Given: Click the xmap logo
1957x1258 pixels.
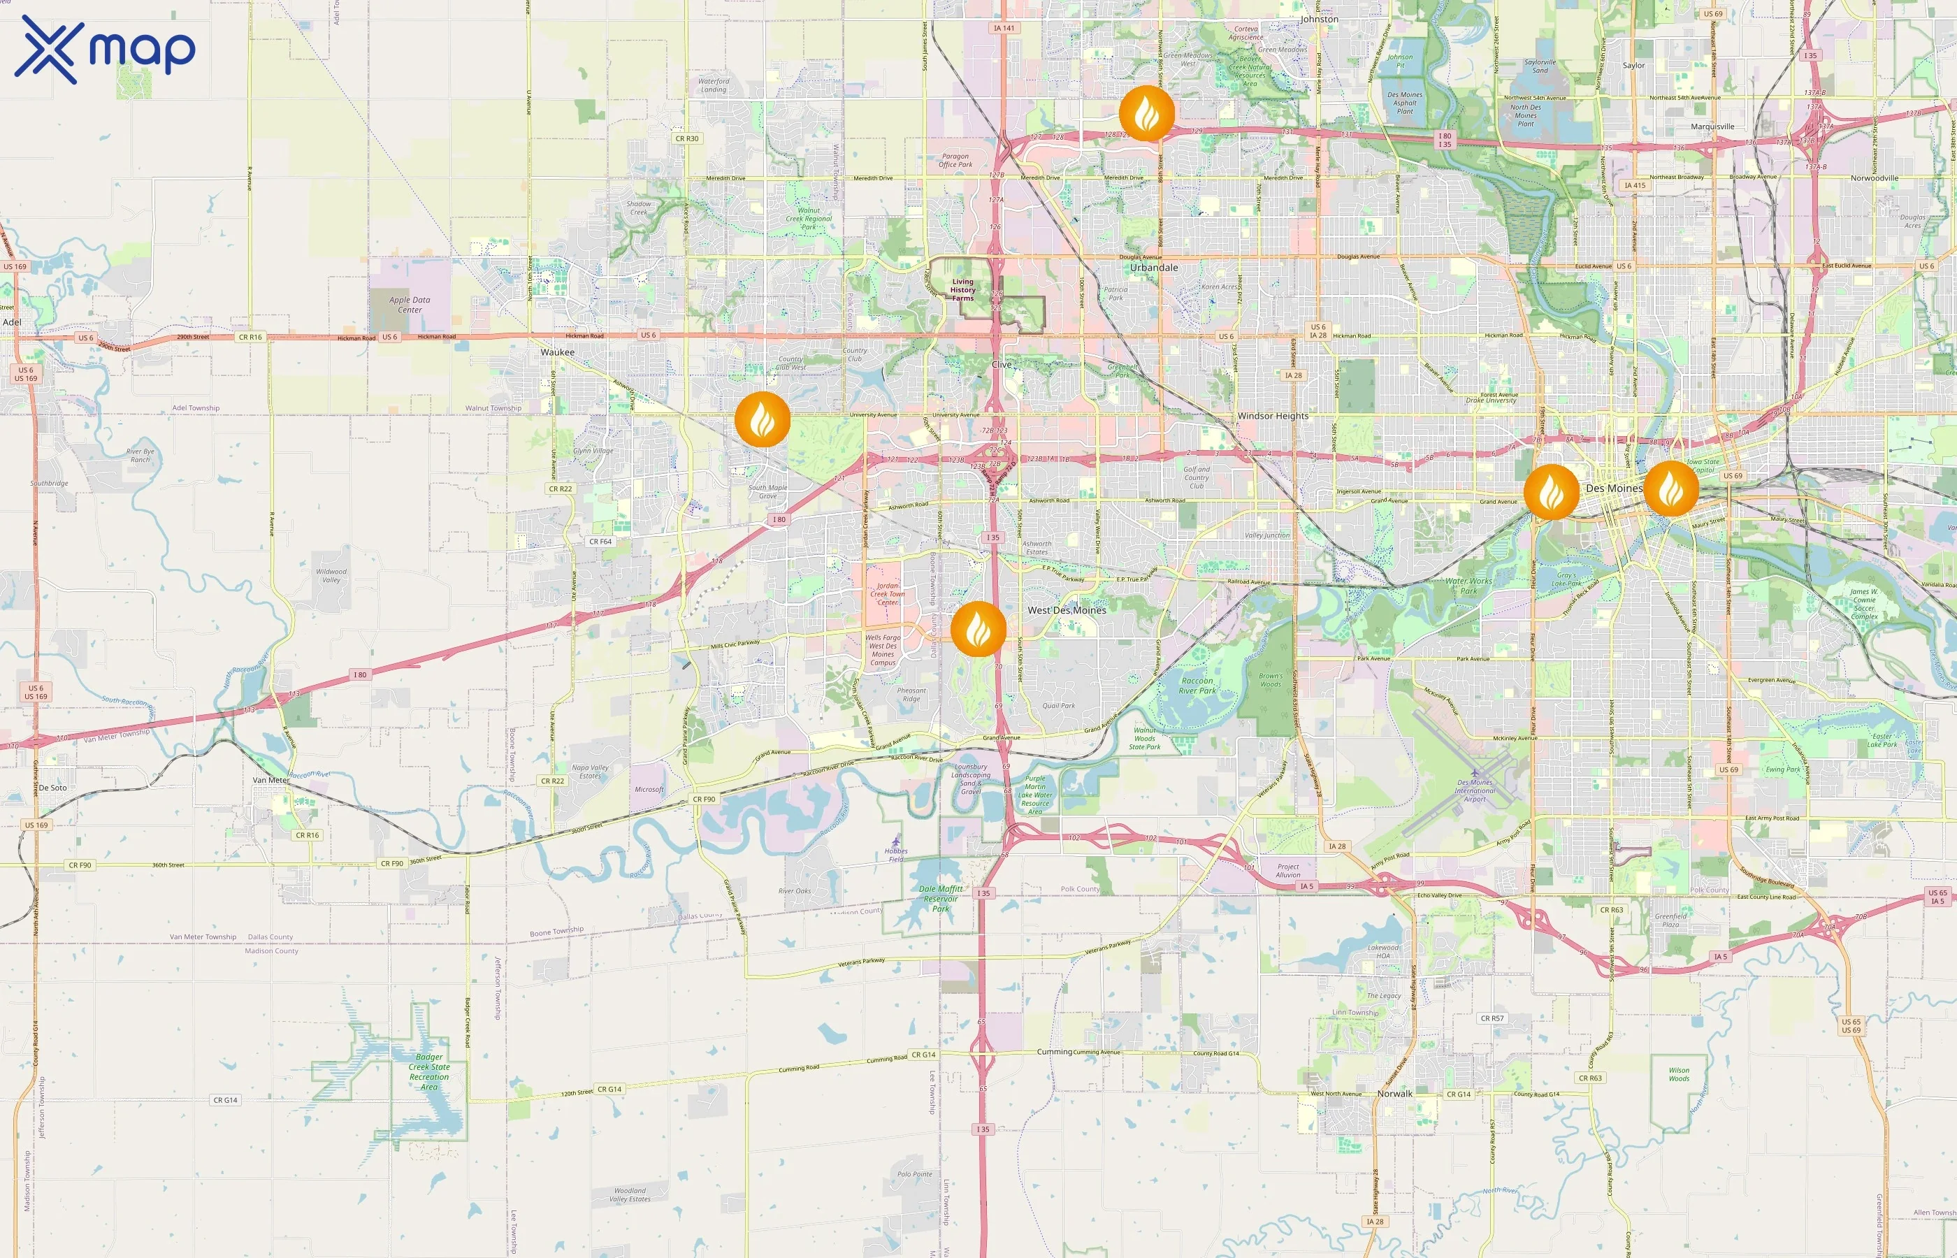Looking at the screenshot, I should pos(105,50).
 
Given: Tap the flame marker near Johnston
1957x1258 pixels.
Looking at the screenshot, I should pos(1147,113).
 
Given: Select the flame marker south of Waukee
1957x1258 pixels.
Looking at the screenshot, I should pos(762,420).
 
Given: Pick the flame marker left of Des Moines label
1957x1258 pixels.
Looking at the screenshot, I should pos(1551,492).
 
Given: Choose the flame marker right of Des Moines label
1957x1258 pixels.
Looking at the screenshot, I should pos(1671,489).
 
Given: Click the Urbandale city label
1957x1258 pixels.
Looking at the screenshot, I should pos(1153,268).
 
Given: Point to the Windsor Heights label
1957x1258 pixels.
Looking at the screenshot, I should pos(1273,416).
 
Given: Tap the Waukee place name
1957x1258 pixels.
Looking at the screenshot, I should pos(557,353).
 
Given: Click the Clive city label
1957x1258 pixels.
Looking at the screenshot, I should pos(1002,365).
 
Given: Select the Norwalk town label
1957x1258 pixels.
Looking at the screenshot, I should pos(1394,1094).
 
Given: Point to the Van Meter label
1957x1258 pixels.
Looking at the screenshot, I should pos(271,780).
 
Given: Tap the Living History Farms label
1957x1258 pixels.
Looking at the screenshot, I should pos(963,290).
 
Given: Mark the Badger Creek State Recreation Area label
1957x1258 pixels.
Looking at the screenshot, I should pos(429,1072).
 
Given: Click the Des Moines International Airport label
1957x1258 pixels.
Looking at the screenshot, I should pos(1474,790).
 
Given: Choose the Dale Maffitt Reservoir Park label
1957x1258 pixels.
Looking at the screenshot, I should pos(941,899).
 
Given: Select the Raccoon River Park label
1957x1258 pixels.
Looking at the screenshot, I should pos(1197,686).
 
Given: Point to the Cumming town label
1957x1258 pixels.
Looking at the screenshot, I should pos(1054,1052).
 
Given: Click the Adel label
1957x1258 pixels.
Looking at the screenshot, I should pos(13,323).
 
